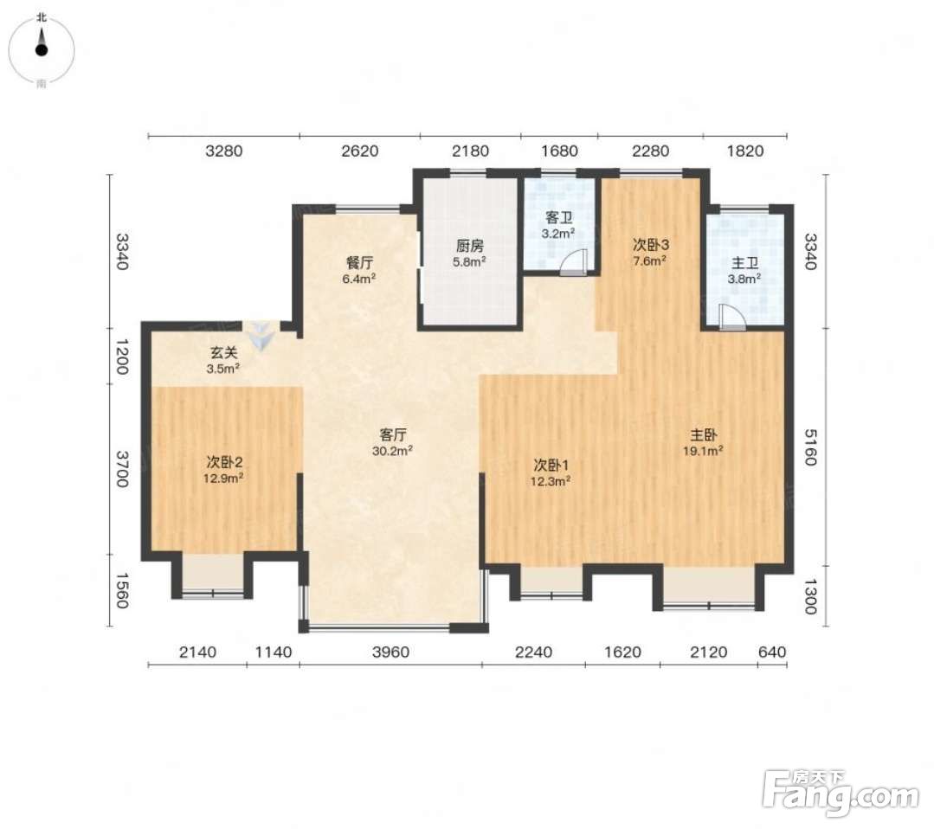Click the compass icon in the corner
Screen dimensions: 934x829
point(41,50)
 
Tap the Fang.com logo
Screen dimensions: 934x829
point(841,793)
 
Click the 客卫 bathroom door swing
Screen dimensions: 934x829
point(575,262)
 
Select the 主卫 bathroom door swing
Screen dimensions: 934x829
point(732,318)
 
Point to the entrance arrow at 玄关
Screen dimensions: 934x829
point(261,335)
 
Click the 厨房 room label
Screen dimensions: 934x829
point(469,246)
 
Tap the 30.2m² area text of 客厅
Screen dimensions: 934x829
point(392,451)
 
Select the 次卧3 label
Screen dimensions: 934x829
point(650,244)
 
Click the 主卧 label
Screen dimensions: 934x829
point(703,434)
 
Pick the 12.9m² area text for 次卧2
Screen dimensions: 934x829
point(223,478)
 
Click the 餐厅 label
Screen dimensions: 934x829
point(359,263)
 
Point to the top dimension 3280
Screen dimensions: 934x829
point(224,151)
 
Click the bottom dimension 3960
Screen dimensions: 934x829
point(390,652)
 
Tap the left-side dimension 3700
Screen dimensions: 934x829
point(121,469)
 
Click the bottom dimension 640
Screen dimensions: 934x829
point(772,652)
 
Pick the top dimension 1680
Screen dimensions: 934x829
point(559,151)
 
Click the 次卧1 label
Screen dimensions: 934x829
point(551,465)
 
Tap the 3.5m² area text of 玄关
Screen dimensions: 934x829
point(222,369)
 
